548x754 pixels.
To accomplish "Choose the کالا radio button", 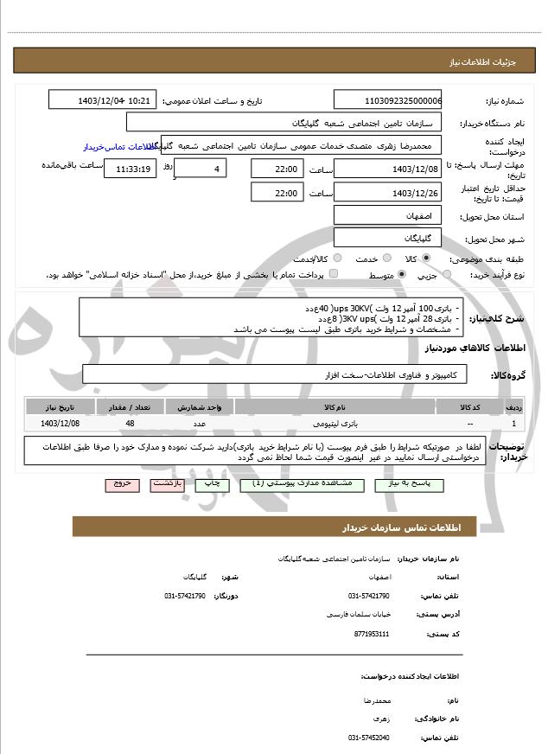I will [426, 258].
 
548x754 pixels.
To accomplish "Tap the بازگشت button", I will [167, 484].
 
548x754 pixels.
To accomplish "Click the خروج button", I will [122, 484].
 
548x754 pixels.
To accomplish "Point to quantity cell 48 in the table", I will [130, 424].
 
